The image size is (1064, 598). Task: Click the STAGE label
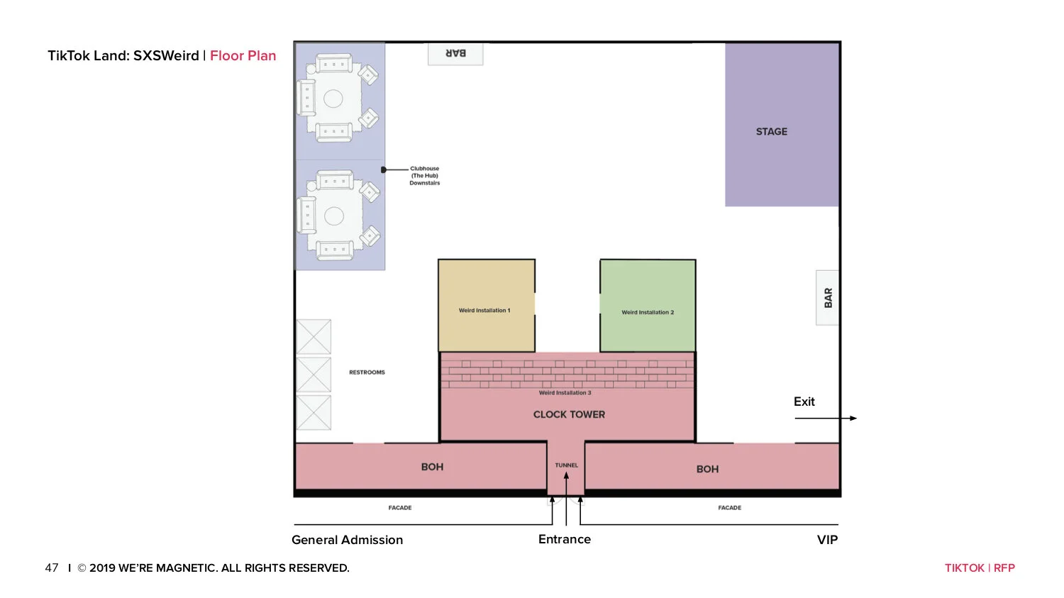772,131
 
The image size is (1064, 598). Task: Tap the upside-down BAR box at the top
455,54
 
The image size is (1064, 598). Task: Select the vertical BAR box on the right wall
827,298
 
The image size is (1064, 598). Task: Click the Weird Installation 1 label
484,310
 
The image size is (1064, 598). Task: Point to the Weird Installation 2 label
648,312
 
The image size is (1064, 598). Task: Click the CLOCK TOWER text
569,415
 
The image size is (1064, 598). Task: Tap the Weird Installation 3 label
565,393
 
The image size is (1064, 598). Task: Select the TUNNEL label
566,465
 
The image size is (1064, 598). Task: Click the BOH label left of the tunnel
432,467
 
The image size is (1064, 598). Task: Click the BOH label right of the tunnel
707,470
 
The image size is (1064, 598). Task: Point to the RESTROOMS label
367,372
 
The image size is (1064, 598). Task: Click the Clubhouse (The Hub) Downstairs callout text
425,176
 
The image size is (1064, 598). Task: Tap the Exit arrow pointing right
826,418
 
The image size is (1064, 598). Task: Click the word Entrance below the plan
565,539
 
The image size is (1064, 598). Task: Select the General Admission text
348,540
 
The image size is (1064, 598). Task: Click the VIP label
828,540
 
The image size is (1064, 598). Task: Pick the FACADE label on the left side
400,508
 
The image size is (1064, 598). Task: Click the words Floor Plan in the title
243,55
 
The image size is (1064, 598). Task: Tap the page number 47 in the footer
52,568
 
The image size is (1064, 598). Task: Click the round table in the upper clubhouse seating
333,99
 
